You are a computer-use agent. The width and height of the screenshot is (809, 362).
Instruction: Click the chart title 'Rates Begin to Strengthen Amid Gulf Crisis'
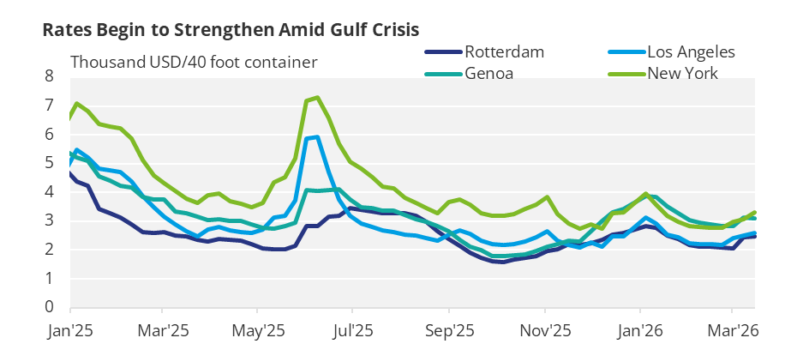(231, 29)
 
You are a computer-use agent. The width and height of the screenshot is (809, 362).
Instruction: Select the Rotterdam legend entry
(505, 52)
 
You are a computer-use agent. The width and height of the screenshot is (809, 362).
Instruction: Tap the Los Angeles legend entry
(691, 52)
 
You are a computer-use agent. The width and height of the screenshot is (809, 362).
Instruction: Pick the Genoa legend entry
(489, 73)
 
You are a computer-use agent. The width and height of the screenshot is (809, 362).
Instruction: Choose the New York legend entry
(683, 73)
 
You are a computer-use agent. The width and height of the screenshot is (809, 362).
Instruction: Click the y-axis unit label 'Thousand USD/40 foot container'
(194, 62)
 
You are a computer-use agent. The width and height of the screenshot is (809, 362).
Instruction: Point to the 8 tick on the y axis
(49, 76)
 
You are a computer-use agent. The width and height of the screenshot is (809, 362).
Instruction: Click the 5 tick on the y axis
(49, 163)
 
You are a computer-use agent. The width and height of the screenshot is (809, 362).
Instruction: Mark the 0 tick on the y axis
(49, 307)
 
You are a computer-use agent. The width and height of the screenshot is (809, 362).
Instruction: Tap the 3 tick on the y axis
(49, 220)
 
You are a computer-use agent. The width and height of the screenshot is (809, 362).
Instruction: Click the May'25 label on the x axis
(258, 329)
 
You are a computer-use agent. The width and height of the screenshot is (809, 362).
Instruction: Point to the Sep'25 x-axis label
(451, 329)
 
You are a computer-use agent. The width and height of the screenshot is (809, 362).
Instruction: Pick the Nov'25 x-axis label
(546, 329)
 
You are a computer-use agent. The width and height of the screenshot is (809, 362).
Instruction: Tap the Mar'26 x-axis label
(734, 329)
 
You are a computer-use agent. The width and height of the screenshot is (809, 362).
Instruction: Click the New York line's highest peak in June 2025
(318, 97)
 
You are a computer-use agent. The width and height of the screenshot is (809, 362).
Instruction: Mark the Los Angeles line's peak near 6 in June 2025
(317, 136)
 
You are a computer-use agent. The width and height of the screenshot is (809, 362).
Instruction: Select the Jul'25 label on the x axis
(352, 329)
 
